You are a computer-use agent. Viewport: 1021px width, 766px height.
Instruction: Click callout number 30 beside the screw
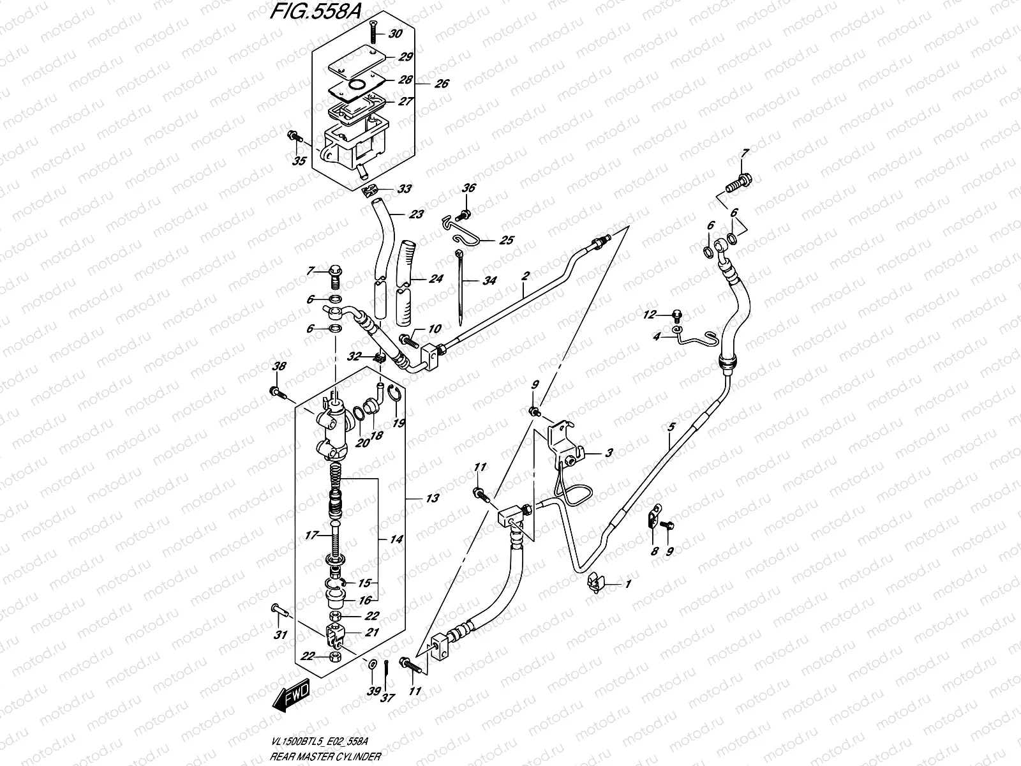(x=396, y=34)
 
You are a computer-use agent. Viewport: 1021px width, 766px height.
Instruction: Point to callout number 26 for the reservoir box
(x=442, y=84)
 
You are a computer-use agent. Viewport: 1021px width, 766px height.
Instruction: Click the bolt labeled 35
(x=295, y=136)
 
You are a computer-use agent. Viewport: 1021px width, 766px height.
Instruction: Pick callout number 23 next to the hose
(x=416, y=215)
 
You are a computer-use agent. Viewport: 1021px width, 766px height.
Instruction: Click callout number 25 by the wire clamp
(x=506, y=241)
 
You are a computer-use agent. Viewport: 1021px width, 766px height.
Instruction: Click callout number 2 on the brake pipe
(x=525, y=276)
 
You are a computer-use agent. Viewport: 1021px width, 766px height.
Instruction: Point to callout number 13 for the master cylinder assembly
(x=432, y=499)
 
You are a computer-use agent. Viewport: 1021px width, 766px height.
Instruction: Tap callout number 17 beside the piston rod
(x=312, y=536)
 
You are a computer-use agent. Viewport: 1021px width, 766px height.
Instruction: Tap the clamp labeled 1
(x=597, y=581)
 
